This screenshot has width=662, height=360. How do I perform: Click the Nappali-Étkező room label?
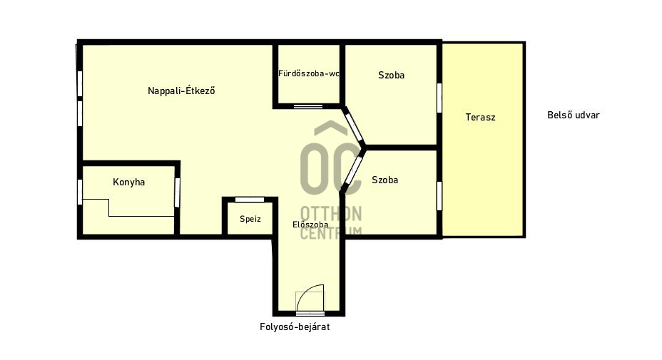point(181,91)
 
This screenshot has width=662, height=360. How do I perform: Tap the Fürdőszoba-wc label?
point(309,73)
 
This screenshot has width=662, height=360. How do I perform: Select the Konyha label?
point(129,182)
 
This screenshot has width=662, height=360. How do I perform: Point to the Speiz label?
point(250,219)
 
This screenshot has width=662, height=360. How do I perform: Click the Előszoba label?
point(310,225)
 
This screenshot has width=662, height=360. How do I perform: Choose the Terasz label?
point(481,118)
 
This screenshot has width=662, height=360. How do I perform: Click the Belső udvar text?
point(574,115)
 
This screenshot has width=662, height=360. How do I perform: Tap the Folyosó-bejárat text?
point(295,326)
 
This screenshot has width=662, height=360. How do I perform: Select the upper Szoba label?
point(392,75)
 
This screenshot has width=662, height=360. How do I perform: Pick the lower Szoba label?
point(385,180)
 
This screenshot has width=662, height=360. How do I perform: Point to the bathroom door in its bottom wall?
point(308,106)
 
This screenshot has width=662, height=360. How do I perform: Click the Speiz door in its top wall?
point(250,200)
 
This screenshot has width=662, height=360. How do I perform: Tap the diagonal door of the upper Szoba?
point(353,126)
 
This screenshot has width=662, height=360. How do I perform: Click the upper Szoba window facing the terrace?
point(439,98)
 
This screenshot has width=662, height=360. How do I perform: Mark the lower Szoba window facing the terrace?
point(439,196)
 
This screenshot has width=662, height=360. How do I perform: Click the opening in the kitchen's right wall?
point(178,193)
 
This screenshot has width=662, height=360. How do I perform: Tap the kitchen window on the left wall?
point(80,192)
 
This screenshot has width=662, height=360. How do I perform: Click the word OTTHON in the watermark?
point(331,214)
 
